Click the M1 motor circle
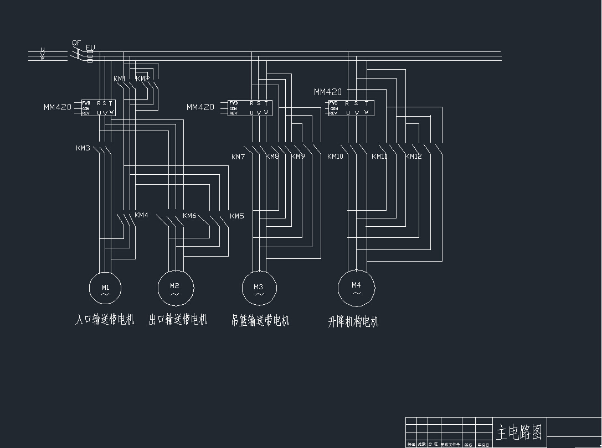tap(105, 286)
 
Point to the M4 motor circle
tap(356, 287)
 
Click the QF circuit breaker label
tap(76, 43)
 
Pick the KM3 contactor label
tap(83, 148)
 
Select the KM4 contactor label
tap(142, 215)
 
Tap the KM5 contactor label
tap(236, 216)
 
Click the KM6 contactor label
tap(189, 215)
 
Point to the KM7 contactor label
tap(238, 157)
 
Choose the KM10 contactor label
tap(335, 157)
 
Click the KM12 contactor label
tap(413, 157)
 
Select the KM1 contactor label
tap(120, 79)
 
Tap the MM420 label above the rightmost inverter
tap(328, 92)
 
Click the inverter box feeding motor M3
tap(249, 107)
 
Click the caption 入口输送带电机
tap(105, 320)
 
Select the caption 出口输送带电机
tap(178, 320)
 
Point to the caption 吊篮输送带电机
tap(260, 320)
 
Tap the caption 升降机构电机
tap(353, 322)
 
